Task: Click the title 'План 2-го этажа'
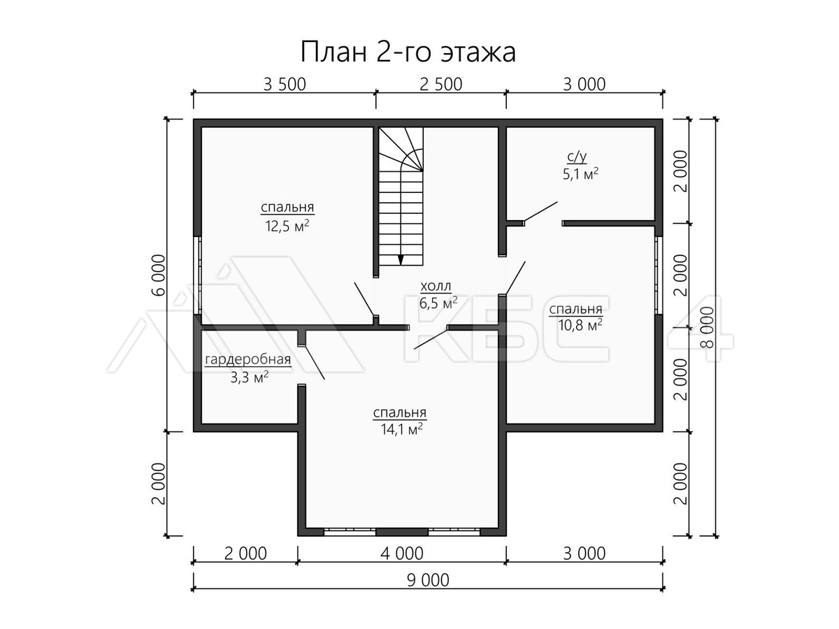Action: coord(408,52)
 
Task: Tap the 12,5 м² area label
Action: coord(287,226)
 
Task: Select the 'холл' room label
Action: coord(436,286)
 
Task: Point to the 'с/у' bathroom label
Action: coord(577,157)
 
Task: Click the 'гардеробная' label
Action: coord(248,360)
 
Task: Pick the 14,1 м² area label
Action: coord(402,429)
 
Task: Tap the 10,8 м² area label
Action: coord(580,325)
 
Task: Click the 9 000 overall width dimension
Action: coord(428,581)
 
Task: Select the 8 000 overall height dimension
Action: coord(708,327)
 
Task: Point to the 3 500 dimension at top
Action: coord(285,85)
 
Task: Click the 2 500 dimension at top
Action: coord(440,85)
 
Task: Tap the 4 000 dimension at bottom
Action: coord(402,554)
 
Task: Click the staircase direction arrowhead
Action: coord(401,260)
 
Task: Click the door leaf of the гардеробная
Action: coord(313,362)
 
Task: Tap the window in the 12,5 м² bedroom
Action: coord(198,275)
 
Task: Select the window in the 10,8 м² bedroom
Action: coord(659,275)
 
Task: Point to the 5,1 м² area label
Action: coord(580,174)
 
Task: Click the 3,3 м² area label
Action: coord(249,377)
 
